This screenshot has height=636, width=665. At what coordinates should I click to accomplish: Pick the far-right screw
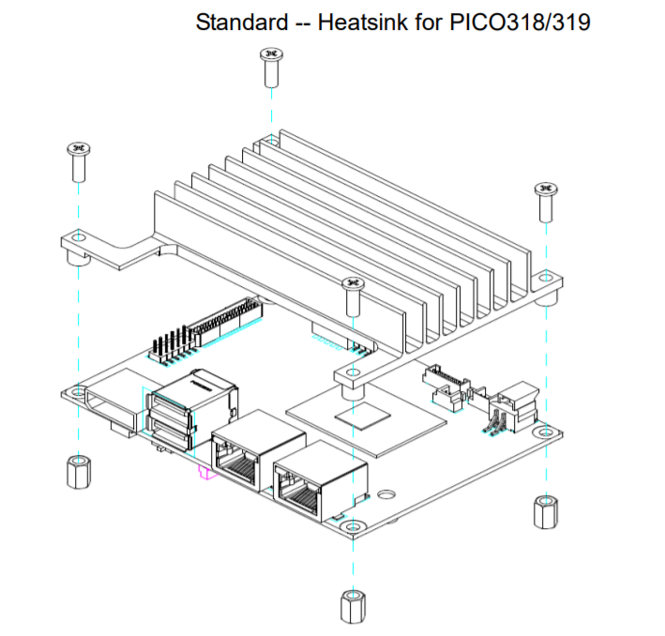(x=545, y=199)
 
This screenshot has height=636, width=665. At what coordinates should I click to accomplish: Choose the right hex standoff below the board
(x=543, y=511)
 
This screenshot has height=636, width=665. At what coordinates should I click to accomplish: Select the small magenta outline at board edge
(x=204, y=473)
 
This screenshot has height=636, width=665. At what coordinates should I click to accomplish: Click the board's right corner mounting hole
(x=546, y=432)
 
